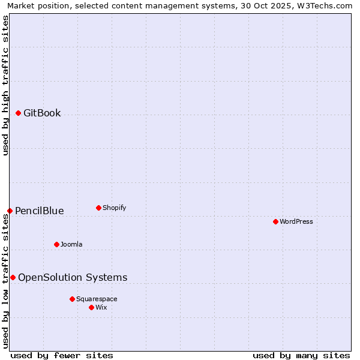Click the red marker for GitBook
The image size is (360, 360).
pos(18,113)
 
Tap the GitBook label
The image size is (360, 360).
pos(42,113)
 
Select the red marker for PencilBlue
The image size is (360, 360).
pos(10,211)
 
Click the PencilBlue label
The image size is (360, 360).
pos(39,211)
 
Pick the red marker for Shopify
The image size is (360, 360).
pos(98,208)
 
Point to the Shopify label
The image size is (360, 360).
pos(114,208)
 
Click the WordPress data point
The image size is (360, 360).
pos(275,221)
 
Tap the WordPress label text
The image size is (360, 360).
pos(296,221)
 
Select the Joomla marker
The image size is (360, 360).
pos(56,244)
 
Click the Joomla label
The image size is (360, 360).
pos(71,244)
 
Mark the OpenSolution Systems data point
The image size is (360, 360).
pos(13,277)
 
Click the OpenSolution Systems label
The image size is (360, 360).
pos(73,277)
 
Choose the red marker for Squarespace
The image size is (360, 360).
pos(72,299)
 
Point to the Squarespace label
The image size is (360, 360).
pos(97,299)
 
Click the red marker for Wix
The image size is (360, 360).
pos(91,307)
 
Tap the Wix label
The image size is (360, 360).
pos(101,307)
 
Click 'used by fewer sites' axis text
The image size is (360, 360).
pos(62,355)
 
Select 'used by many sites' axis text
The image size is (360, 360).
pos(301,355)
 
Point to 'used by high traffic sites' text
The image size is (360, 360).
pos(6,85)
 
